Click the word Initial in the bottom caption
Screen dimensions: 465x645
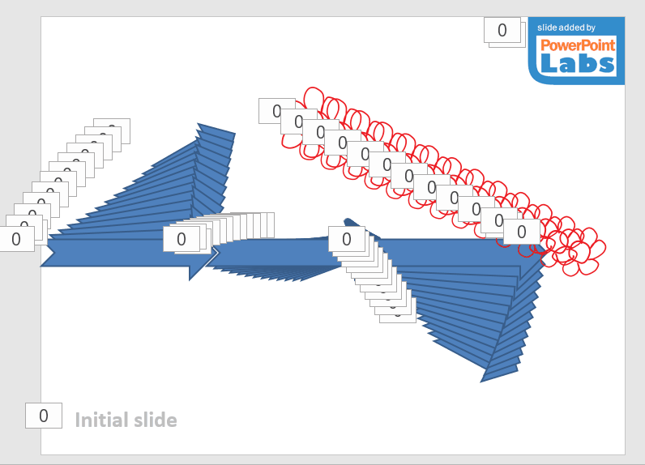pos(100,420)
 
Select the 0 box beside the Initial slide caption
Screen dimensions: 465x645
pos(44,416)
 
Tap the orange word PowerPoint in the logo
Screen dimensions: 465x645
pos(577,45)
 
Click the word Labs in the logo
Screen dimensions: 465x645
pos(577,63)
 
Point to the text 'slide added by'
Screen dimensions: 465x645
pos(566,28)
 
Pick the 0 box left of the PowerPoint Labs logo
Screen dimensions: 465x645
pos(502,30)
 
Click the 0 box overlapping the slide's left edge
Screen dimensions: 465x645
pos(16,239)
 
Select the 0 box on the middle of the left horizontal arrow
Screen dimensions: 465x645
pos(181,239)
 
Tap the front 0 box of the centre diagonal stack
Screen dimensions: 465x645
pos(346,239)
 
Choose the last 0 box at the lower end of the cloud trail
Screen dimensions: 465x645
pos(521,232)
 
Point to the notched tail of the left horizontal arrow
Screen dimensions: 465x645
pos(49,253)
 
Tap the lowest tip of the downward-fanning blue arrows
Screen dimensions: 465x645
pos(486,378)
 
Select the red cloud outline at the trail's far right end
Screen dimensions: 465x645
pos(596,251)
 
